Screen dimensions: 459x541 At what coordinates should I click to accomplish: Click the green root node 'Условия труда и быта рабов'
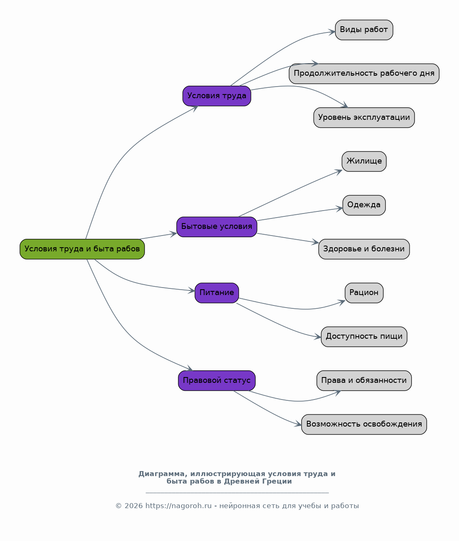82,249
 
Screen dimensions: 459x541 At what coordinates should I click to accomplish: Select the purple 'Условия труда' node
216,96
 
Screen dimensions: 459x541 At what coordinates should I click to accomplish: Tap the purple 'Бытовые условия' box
216,227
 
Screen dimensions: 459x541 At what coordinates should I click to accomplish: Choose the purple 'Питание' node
216,293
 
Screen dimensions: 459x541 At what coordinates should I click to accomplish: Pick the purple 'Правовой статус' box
216,380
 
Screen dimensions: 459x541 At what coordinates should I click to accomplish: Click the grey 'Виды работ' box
364,30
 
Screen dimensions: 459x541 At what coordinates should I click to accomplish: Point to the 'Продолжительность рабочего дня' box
364,74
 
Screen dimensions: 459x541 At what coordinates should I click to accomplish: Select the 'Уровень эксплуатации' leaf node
364,117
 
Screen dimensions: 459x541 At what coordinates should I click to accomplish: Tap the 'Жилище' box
364,161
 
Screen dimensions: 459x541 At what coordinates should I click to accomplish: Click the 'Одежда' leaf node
364,205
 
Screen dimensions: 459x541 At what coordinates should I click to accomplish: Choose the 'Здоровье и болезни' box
364,249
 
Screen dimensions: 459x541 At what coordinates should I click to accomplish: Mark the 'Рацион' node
364,293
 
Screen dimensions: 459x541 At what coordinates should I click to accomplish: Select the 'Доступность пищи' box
364,337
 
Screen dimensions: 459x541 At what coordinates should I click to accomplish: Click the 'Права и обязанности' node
364,380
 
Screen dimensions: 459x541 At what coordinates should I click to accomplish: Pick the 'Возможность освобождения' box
364,424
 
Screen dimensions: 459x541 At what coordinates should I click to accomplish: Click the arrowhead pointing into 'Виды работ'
332,32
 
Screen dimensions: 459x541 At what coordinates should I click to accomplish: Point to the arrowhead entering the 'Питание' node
192,290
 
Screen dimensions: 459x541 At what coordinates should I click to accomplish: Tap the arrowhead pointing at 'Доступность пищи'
318,337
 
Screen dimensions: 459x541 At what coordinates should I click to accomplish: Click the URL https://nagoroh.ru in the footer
179,506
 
